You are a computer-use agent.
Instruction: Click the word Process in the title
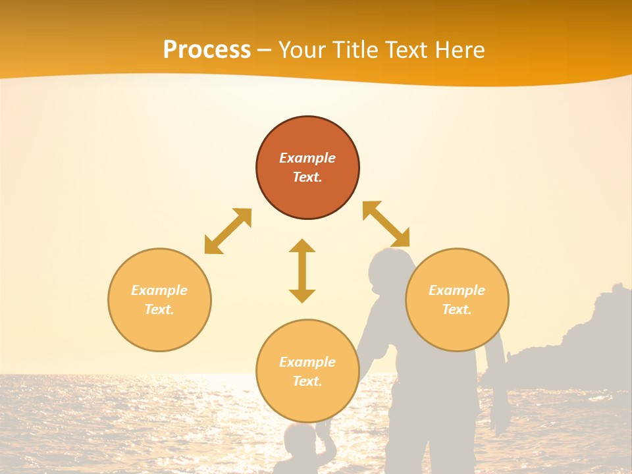coord(207,50)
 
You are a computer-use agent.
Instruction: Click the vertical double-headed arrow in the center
coord(302,271)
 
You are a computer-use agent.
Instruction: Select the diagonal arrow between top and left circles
coord(228,231)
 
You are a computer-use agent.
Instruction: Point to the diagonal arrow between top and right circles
coord(386,224)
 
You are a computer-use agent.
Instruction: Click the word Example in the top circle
coord(307,158)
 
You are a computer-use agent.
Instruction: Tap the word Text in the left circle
coord(159,309)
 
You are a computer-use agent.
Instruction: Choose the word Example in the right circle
coord(457,290)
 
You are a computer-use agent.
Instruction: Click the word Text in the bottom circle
coord(307,381)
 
